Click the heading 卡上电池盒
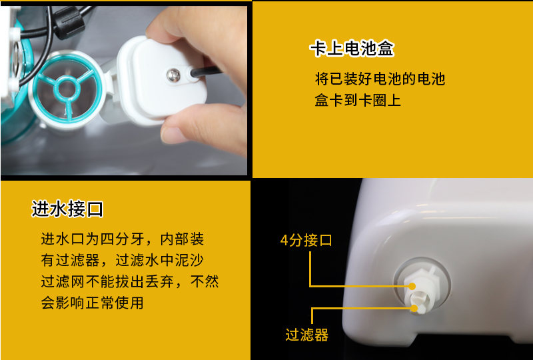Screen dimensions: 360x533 pyautogui.click(x=352, y=49)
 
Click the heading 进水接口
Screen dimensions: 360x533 pyautogui.click(x=67, y=209)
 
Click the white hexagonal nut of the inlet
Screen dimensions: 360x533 pyautogui.click(x=420, y=279)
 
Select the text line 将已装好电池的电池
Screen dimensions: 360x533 pyautogui.click(x=380, y=79)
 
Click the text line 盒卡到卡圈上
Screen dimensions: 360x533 pyautogui.click(x=358, y=101)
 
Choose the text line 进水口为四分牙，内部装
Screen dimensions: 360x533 pyautogui.click(x=123, y=239)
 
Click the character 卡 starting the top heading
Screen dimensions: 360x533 pyautogui.click(x=317, y=49)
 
